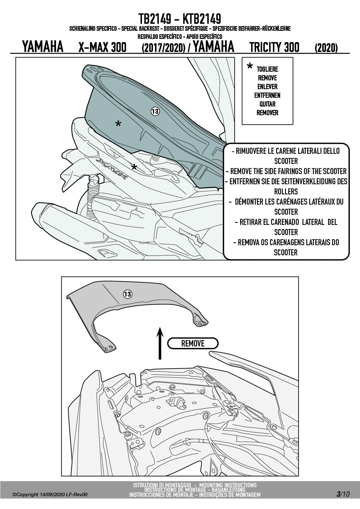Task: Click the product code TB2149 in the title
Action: (x=154, y=19)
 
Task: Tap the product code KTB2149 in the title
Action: (x=202, y=19)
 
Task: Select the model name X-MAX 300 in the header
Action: (x=102, y=47)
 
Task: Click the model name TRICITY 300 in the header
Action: (x=274, y=47)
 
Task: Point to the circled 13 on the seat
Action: (x=155, y=111)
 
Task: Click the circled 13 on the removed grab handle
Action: (x=127, y=294)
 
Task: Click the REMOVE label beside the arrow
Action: (x=193, y=343)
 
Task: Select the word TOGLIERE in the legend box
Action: (x=267, y=69)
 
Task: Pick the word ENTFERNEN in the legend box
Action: (x=267, y=95)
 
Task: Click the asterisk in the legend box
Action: (x=249, y=67)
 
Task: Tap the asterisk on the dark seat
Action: (x=118, y=124)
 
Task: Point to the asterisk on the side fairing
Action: (x=134, y=167)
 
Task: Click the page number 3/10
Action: (x=343, y=494)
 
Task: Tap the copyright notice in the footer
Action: (x=50, y=494)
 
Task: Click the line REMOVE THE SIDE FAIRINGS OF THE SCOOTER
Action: (x=286, y=171)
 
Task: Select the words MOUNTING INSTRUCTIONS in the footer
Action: (x=228, y=485)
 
